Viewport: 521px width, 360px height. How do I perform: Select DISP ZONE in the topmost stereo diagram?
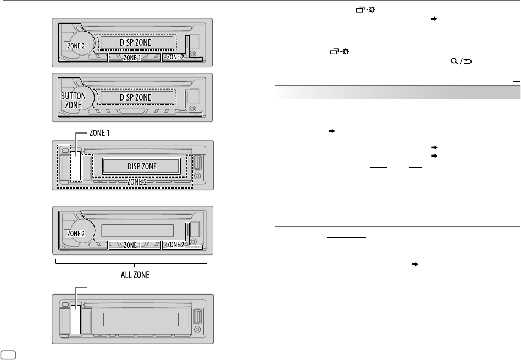[135, 42]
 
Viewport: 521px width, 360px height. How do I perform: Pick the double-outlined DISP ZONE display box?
[141, 165]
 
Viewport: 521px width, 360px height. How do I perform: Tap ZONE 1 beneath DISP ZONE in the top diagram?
[131, 57]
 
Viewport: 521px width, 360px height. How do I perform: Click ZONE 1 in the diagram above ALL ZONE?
[131, 244]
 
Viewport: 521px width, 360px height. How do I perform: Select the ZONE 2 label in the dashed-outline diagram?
[140, 181]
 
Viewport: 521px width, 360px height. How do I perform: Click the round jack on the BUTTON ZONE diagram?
[194, 108]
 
